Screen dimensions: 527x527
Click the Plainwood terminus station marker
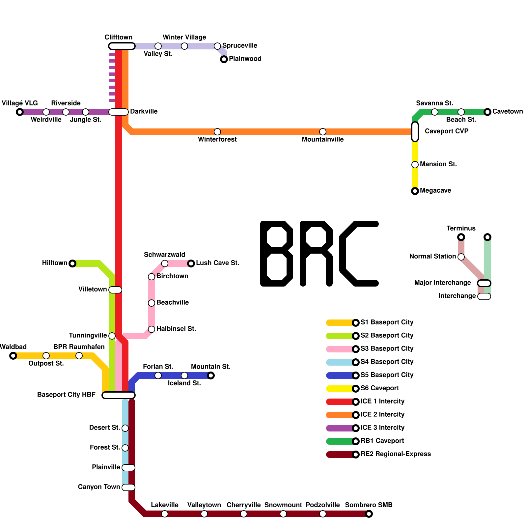[x=224, y=59]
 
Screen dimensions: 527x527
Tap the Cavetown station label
[x=507, y=112]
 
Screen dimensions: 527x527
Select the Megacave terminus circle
[x=415, y=191]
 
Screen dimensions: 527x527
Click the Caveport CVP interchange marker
[x=415, y=132]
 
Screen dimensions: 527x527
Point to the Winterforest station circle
[x=217, y=132]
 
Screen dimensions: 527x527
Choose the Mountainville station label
[x=322, y=140]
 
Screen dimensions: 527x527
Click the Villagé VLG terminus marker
[x=20, y=112]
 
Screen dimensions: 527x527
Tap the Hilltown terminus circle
[x=72, y=263]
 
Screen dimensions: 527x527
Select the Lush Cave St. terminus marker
[x=191, y=263]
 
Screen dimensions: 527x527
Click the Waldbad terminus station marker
[x=13, y=356]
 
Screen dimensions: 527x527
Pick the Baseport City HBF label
[x=66, y=395]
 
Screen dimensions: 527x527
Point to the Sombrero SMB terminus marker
[x=369, y=514]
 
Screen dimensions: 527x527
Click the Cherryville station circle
[x=244, y=514]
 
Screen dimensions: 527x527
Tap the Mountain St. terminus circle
[x=211, y=375]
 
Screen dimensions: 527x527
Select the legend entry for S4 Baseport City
[x=387, y=362]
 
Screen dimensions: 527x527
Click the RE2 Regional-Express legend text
[x=395, y=454]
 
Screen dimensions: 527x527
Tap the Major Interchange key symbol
[x=484, y=283]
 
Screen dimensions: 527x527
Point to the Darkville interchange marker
[x=119, y=112]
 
